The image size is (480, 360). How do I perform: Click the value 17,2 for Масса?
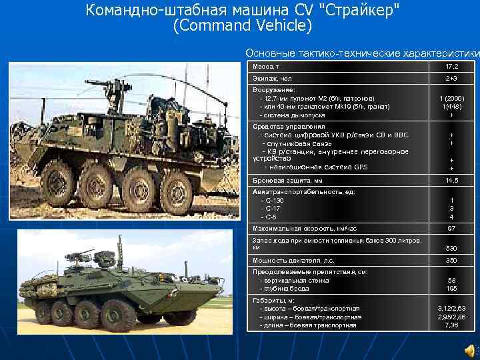tap(451, 67)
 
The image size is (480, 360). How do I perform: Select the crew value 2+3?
tap(451, 79)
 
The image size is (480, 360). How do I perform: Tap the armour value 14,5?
tap(451, 180)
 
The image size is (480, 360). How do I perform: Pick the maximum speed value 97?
tap(451, 228)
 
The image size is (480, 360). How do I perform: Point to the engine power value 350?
tap(451, 260)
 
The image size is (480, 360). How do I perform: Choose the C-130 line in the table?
tap(273, 200)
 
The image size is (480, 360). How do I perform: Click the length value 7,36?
tap(451, 326)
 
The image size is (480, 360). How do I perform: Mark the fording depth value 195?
tap(451, 289)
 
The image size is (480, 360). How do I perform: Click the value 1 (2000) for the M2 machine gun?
tap(451, 98)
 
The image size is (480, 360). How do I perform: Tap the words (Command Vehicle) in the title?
tap(241, 26)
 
